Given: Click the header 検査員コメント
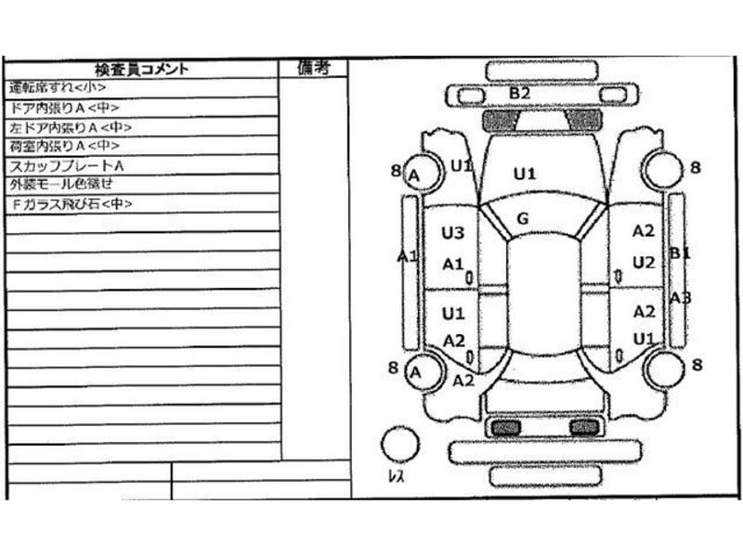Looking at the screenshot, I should coord(141,69).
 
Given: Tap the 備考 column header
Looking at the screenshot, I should coord(314,67).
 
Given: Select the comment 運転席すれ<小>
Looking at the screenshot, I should coord(58,88).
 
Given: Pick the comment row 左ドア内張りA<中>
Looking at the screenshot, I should coord(70,127).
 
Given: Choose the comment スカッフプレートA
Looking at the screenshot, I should coord(67,166).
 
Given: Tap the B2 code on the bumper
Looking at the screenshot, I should coord(519,94).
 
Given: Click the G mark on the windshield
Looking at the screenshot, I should coord(522,219).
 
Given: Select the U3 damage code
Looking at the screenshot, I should coord(452,233).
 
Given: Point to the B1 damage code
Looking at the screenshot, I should coord(681,253).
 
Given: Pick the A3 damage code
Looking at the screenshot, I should coord(681,298).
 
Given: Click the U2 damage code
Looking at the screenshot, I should coord(644,263).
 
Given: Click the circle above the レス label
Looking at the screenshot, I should coord(399,444).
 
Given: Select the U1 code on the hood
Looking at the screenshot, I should coord(526,173).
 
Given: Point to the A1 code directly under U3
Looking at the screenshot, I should coord(452,264).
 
